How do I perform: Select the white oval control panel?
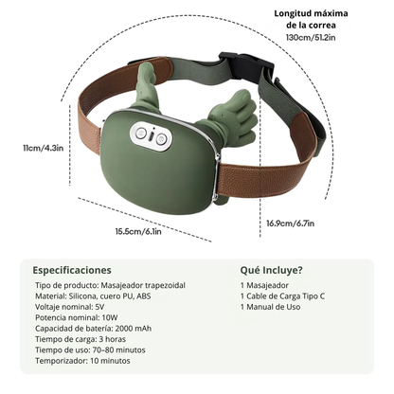[x=152, y=136]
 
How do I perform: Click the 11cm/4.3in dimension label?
[x=44, y=148]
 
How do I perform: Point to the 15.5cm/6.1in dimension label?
[x=138, y=231]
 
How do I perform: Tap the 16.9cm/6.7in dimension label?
[x=291, y=224]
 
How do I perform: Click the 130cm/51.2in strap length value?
[x=311, y=37]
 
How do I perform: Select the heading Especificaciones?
[x=72, y=270]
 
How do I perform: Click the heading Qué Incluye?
[x=271, y=270]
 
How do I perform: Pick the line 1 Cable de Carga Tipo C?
[x=282, y=296]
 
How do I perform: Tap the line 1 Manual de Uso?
[x=270, y=307]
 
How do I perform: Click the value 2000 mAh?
[x=134, y=329]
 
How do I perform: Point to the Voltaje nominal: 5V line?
[x=70, y=307]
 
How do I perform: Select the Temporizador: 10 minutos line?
[x=82, y=361]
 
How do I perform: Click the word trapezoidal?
[x=165, y=285]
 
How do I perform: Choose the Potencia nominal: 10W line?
[x=77, y=317]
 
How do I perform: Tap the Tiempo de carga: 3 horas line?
[x=81, y=339]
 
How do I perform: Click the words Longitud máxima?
[x=311, y=13]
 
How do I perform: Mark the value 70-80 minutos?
[x=119, y=349]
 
